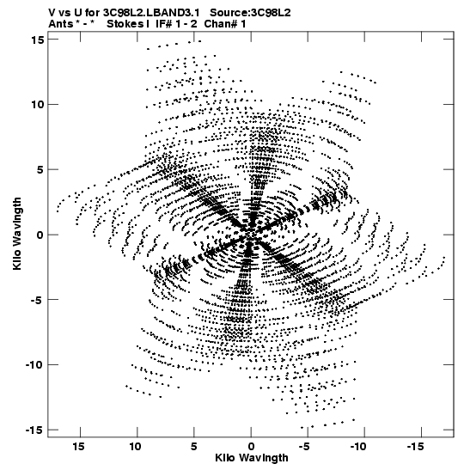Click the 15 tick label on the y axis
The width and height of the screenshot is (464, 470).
(37, 40)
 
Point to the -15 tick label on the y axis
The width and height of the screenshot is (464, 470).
(34, 430)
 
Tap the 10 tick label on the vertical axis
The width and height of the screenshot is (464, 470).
(37, 105)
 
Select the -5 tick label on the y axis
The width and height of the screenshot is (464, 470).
(37, 300)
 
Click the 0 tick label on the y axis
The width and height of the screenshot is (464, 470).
(40, 235)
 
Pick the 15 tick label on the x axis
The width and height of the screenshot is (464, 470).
(78, 447)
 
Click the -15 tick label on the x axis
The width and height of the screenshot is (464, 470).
(415, 447)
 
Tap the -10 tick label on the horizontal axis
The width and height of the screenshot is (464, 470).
(358, 447)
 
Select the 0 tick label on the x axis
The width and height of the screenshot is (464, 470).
(251, 447)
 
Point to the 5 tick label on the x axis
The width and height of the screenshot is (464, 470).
(194, 447)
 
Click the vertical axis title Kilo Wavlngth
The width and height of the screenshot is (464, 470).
(17, 234)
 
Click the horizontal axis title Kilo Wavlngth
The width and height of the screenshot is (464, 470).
(252, 458)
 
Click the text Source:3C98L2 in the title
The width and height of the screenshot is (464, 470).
(250, 13)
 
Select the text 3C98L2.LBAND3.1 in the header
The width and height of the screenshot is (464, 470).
(151, 13)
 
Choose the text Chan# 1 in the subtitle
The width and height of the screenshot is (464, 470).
(225, 24)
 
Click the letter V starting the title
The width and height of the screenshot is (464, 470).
(52, 13)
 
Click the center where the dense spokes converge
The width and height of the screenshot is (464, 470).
(250, 234)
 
